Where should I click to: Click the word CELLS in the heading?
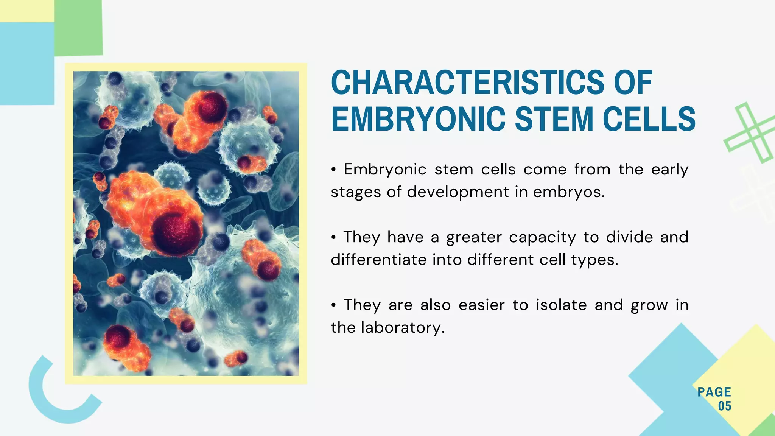click(x=649, y=119)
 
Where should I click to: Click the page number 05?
click(x=724, y=406)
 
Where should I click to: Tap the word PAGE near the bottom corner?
click(x=714, y=392)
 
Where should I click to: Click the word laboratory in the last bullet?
click(x=402, y=328)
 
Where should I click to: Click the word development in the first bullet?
click(x=458, y=192)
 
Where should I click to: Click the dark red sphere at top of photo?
click(x=212, y=107)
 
